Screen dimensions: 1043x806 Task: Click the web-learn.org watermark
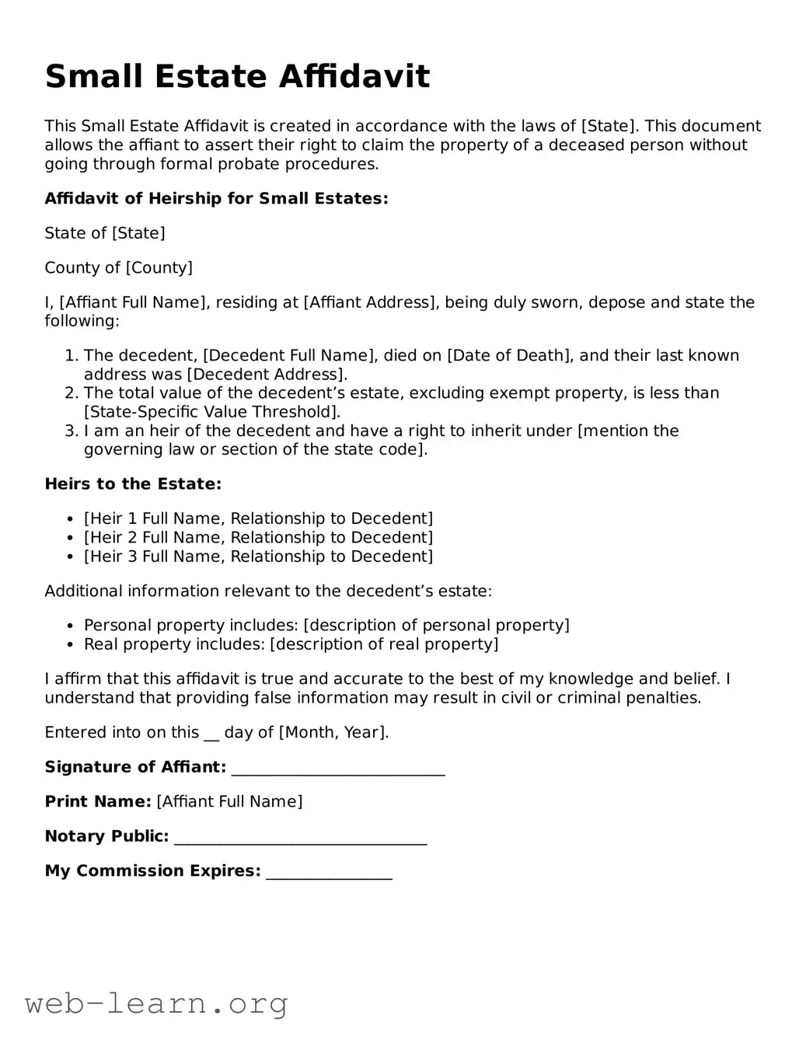pyautogui.click(x=156, y=1003)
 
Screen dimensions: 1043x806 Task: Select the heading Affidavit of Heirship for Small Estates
pyautogui.click(x=216, y=198)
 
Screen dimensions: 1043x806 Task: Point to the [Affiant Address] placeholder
pyautogui.click(x=369, y=302)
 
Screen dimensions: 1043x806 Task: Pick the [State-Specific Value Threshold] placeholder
pyautogui.click(x=212, y=412)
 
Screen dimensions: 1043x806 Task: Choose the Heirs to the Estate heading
pyautogui.click(x=133, y=484)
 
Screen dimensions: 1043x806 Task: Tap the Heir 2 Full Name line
pyautogui.click(x=258, y=538)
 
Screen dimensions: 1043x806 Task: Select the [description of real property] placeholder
pyautogui.click(x=384, y=644)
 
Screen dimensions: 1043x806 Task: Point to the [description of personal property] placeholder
pyautogui.click(x=436, y=626)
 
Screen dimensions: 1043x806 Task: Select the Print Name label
pyautogui.click(x=98, y=801)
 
